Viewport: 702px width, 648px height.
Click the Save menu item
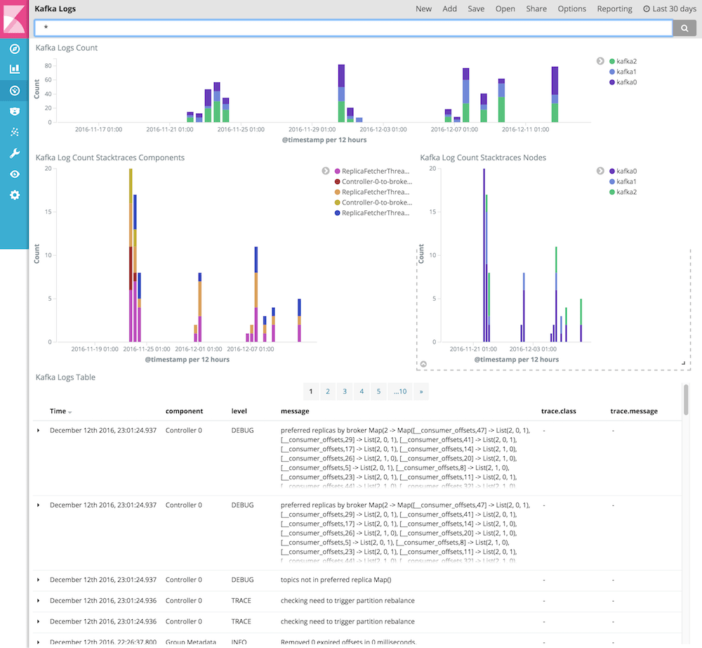pos(476,9)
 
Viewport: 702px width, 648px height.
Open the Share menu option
pos(536,9)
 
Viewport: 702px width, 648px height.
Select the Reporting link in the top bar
pos(614,9)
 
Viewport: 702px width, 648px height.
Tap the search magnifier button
pos(684,27)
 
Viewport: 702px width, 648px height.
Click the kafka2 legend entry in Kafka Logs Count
pos(626,61)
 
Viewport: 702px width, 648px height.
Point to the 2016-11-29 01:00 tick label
pos(312,129)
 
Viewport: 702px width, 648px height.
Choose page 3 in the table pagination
pos(345,391)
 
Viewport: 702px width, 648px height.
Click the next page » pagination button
pos(420,391)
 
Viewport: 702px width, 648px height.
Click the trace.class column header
pos(559,411)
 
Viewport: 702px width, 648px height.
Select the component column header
pos(184,411)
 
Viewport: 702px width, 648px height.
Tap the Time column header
pos(58,411)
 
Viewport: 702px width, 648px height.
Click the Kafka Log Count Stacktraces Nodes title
pos(483,157)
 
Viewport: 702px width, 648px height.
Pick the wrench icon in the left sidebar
pos(14,153)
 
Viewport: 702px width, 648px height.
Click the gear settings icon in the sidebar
pos(14,195)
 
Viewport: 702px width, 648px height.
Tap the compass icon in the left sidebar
pos(14,48)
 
